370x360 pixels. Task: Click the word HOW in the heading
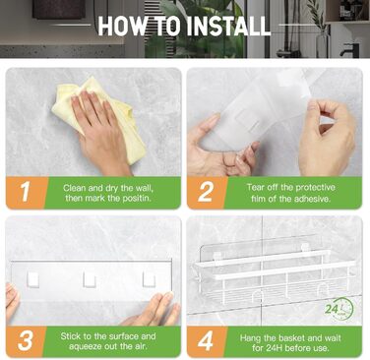121,26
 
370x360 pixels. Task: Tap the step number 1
26,192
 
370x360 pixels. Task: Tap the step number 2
206,192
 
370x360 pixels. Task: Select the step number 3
26,340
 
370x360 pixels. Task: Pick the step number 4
206,341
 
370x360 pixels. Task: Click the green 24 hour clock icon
339,310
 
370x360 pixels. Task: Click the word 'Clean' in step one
74,188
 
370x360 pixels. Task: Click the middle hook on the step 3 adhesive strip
90,279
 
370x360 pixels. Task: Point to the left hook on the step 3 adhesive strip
32,279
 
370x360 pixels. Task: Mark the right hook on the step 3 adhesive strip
149,279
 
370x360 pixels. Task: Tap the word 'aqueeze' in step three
87,346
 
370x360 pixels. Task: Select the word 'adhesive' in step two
312,199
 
